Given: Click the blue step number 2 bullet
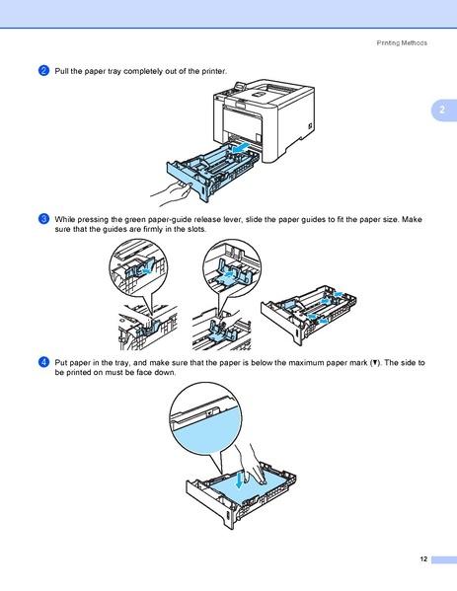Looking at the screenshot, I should (x=43, y=72).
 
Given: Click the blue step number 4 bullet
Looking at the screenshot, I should (x=43, y=363).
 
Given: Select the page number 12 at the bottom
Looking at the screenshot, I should (x=422, y=559).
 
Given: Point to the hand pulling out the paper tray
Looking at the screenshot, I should (x=162, y=185).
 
